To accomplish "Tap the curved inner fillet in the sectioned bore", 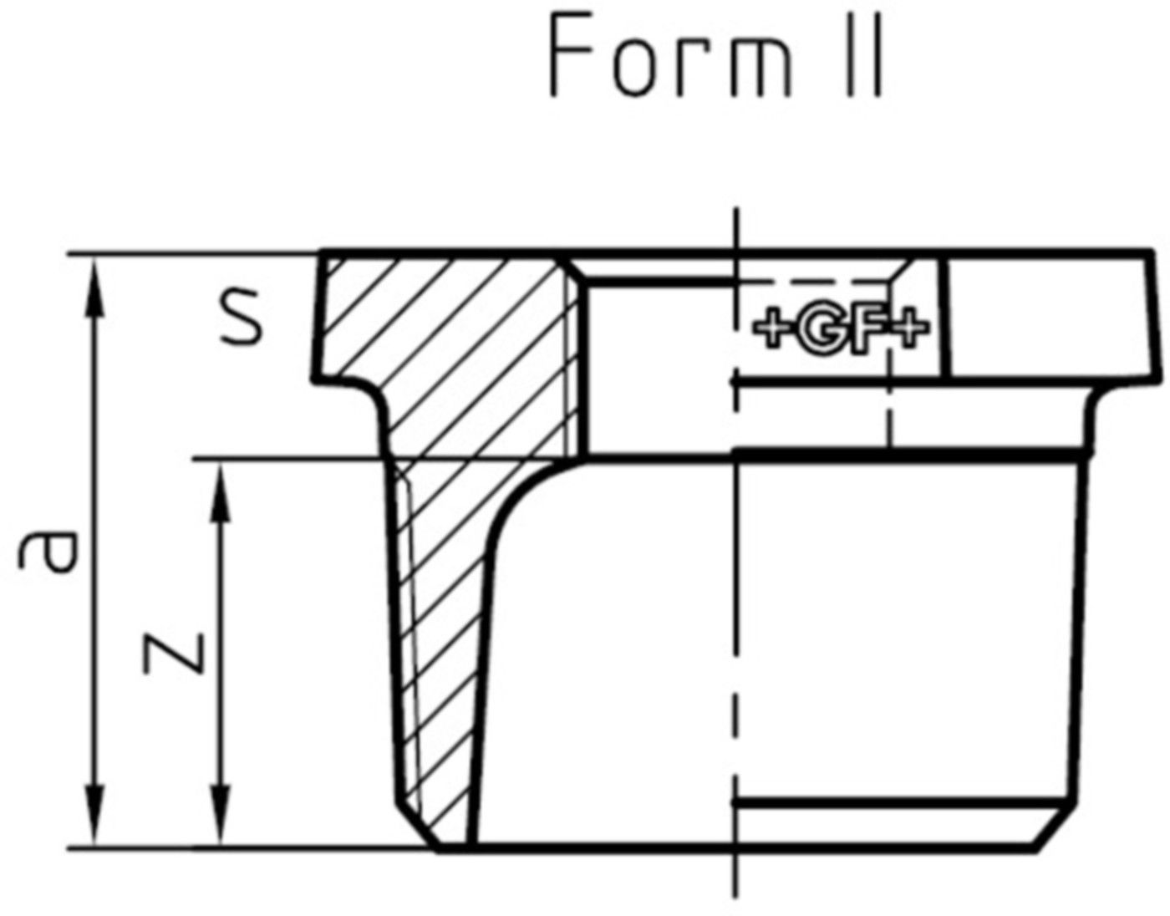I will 522,493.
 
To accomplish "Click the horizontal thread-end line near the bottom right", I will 903,801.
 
